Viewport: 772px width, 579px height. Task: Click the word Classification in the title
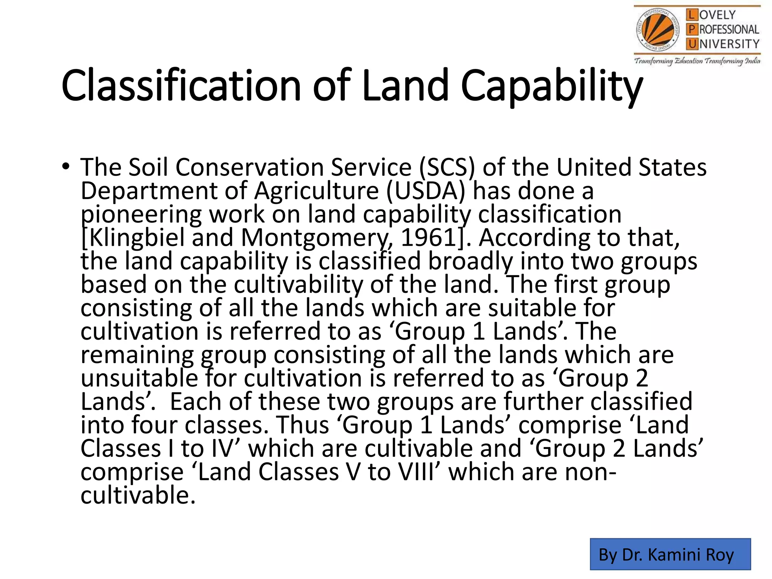pos(181,86)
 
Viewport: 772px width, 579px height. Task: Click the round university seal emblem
pos(659,31)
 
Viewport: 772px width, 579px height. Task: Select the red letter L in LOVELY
pos(691,15)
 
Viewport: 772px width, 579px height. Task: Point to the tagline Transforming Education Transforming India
pos(697,61)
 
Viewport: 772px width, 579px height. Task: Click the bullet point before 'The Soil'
pos(66,166)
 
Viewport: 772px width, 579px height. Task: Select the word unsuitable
pos(139,378)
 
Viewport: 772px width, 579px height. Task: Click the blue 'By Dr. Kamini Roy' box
pos(670,554)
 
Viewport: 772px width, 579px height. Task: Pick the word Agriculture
pos(316,191)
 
